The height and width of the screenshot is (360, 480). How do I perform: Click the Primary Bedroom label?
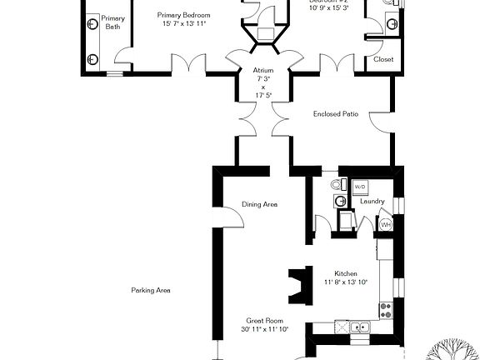click(x=182, y=16)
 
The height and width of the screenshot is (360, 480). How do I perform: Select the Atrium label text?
click(x=263, y=71)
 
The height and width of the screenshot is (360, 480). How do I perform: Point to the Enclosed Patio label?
click(x=336, y=114)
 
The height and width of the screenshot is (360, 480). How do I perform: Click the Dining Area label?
click(x=259, y=204)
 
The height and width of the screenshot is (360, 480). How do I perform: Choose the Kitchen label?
click(x=346, y=274)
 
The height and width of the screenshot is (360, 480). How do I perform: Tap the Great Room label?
click(x=264, y=320)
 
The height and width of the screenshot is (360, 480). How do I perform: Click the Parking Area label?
click(x=151, y=291)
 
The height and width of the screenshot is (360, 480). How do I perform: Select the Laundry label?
click(x=372, y=201)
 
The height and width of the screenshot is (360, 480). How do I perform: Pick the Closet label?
click(x=383, y=59)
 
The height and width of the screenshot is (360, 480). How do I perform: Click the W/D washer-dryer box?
click(x=361, y=187)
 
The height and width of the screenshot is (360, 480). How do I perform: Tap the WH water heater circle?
click(x=386, y=224)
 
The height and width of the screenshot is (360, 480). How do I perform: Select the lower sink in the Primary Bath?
click(x=92, y=57)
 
